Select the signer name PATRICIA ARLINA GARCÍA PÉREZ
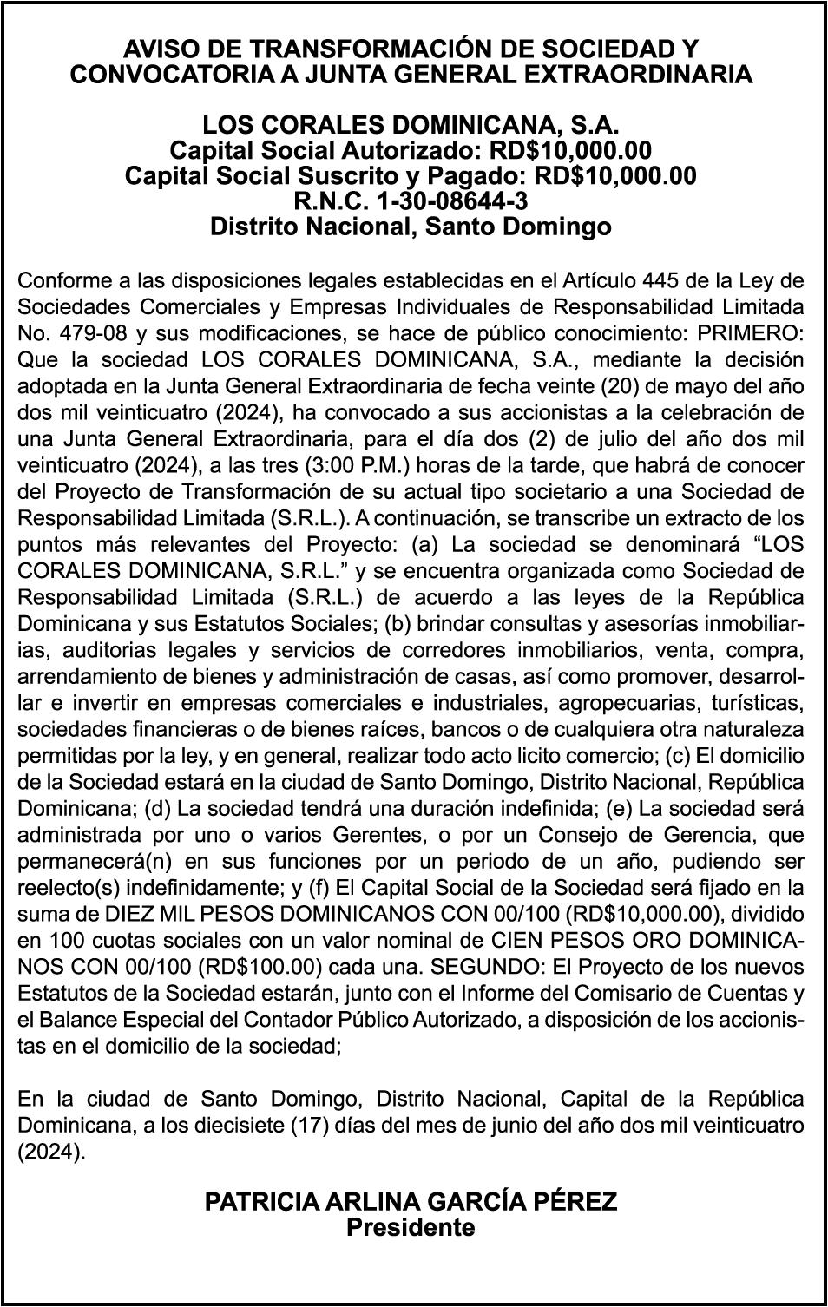tap(411, 1202)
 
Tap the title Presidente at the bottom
tap(411, 1228)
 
